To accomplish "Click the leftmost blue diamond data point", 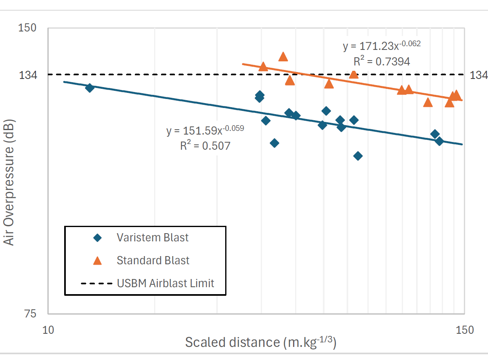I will tap(90, 88).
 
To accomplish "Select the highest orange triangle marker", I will tap(283, 56).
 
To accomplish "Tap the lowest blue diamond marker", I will tap(358, 156).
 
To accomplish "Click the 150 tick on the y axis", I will tap(27, 28).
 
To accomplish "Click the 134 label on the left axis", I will tap(27, 75).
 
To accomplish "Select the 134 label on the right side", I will tap(479, 75).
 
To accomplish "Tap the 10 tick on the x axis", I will tap(48, 330).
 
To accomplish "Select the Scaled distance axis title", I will tap(260, 342).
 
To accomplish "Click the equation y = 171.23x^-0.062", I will tap(382, 45).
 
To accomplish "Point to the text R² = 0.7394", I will tap(382, 61).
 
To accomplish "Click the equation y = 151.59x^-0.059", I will tap(205, 130).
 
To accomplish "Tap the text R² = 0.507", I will tap(205, 146).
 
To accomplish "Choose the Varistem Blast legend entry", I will tap(152, 237).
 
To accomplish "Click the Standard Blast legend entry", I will tap(153, 260).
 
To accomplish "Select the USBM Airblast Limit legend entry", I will tap(165, 283).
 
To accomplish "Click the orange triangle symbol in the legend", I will tap(97, 260).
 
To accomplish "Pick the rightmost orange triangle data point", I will tap(457, 95).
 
